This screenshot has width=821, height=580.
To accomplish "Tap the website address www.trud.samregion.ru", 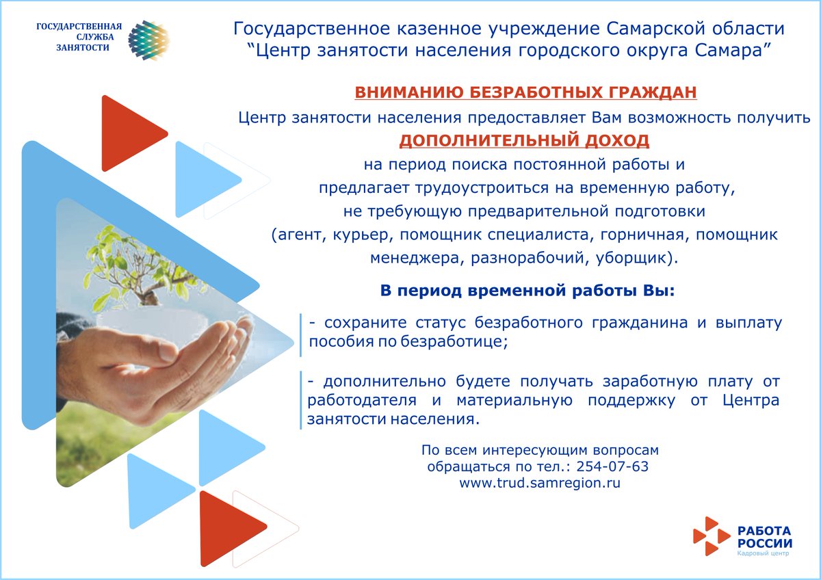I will click(540, 483).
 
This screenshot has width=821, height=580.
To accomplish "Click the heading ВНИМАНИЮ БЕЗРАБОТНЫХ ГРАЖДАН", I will click(525, 92).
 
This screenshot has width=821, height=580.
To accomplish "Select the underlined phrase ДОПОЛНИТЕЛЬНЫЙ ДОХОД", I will click(524, 140).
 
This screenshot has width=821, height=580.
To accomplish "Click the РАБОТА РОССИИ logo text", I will click(764, 536).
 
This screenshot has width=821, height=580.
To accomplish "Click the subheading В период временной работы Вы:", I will click(527, 290).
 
